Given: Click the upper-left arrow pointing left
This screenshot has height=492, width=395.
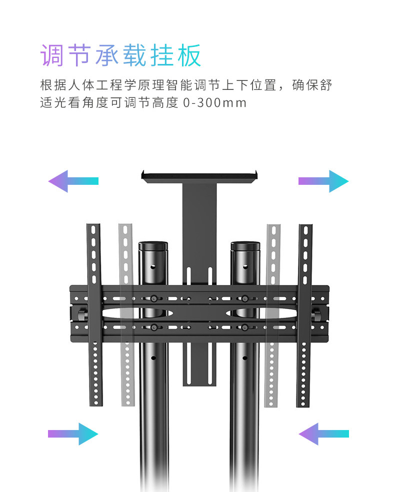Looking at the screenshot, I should (x=73, y=181).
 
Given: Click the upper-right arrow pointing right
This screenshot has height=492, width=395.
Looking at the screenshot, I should (x=323, y=181).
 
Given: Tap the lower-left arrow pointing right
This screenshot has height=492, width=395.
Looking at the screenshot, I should (x=73, y=434).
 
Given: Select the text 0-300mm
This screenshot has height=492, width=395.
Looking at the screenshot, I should (x=215, y=103).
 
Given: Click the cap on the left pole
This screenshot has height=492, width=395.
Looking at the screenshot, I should (x=153, y=246).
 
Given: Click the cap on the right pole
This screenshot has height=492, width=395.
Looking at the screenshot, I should (x=245, y=246).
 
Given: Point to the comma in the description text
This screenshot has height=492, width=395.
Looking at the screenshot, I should (x=295, y=88).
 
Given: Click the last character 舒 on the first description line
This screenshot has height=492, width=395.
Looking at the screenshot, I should (x=325, y=85).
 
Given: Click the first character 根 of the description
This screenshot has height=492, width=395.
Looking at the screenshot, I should (x=46, y=85).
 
